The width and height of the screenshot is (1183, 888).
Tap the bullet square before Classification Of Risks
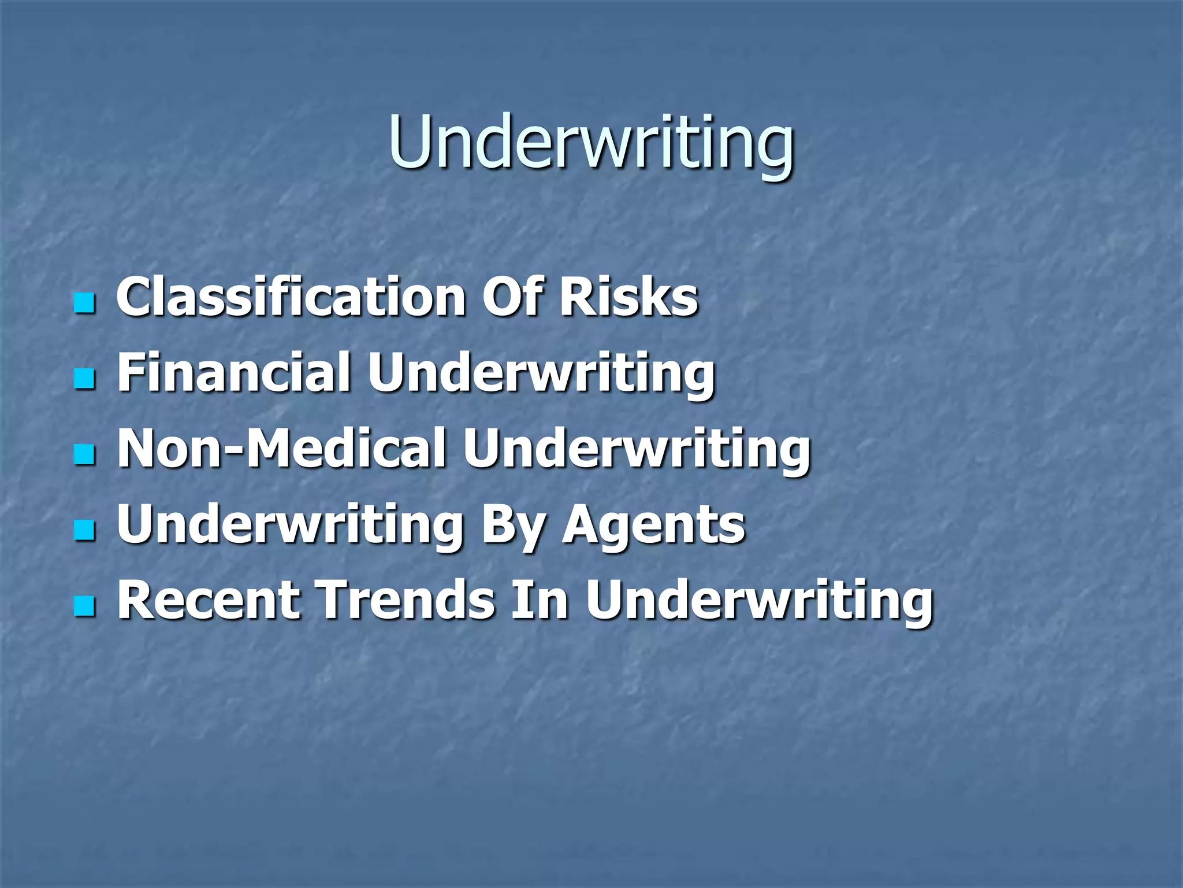[x=84, y=302]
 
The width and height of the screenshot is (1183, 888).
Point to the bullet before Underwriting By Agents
[x=84, y=530]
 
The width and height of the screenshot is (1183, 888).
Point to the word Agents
[x=654, y=525]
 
